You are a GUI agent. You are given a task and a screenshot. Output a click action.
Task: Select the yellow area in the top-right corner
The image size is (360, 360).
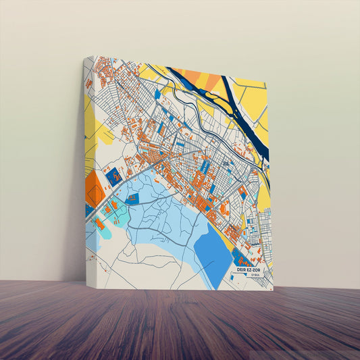tap(253, 98)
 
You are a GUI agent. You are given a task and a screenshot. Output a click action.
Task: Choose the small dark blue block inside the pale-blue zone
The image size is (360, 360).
tap(133, 199)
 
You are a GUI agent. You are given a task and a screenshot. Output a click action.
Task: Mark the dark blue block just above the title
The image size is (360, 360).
tap(239, 257)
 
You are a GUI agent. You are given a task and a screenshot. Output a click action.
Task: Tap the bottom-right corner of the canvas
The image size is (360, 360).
tap(273, 290)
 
